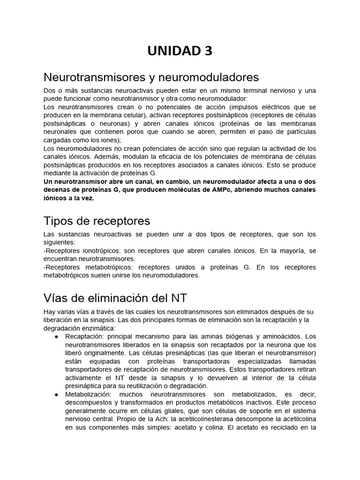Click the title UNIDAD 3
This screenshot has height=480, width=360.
[180, 51]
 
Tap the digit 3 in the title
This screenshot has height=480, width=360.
[208, 51]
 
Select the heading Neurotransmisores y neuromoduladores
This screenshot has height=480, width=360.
[151, 77]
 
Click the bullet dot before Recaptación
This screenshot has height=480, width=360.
[56, 337]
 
